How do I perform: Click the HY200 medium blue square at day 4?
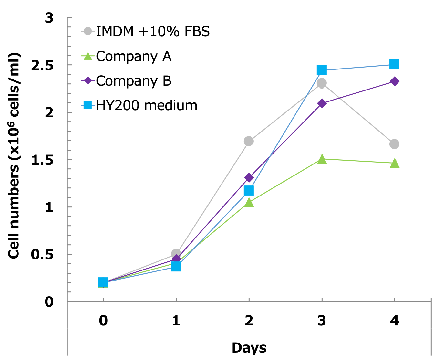pyautogui.click(x=394, y=64)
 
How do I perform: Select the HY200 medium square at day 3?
pyautogui.click(x=322, y=70)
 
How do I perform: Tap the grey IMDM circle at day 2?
pyautogui.click(x=249, y=141)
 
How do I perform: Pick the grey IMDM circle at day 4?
pyautogui.click(x=394, y=144)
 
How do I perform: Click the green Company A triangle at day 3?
pyautogui.click(x=322, y=159)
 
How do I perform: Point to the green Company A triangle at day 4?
pyautogui.click(x=395, y=164)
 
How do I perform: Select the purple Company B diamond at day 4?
pyautogui.click(x=394, y=81)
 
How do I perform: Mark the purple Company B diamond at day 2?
pyautogui.click(x=249, y=177)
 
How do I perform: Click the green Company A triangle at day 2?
pyautogui.click(x=249, y=203)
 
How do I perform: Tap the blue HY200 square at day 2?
pyautogui.click(x=249, y=191)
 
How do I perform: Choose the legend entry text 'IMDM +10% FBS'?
pyautogui.click(x=153, y=32)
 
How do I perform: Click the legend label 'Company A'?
pyautogui.click(x=133, y=57)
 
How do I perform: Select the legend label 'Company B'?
pyautogui.click(x=133, y=81)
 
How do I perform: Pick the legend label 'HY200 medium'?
pyautogui.click(x=147, y=106)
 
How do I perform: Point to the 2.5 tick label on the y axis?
pyautogui.click(x=42, y=65)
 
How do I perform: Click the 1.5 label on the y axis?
pyautogui.click(x=42, y=160)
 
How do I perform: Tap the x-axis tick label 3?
pyautogui.click(x=322, y=321)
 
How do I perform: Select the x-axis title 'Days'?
pyautogui.click(x=249, y=348)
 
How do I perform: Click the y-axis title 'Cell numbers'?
pyautogui.click(x=14, y=155)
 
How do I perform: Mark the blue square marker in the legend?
pyautogui.click(x=88, y=105)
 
